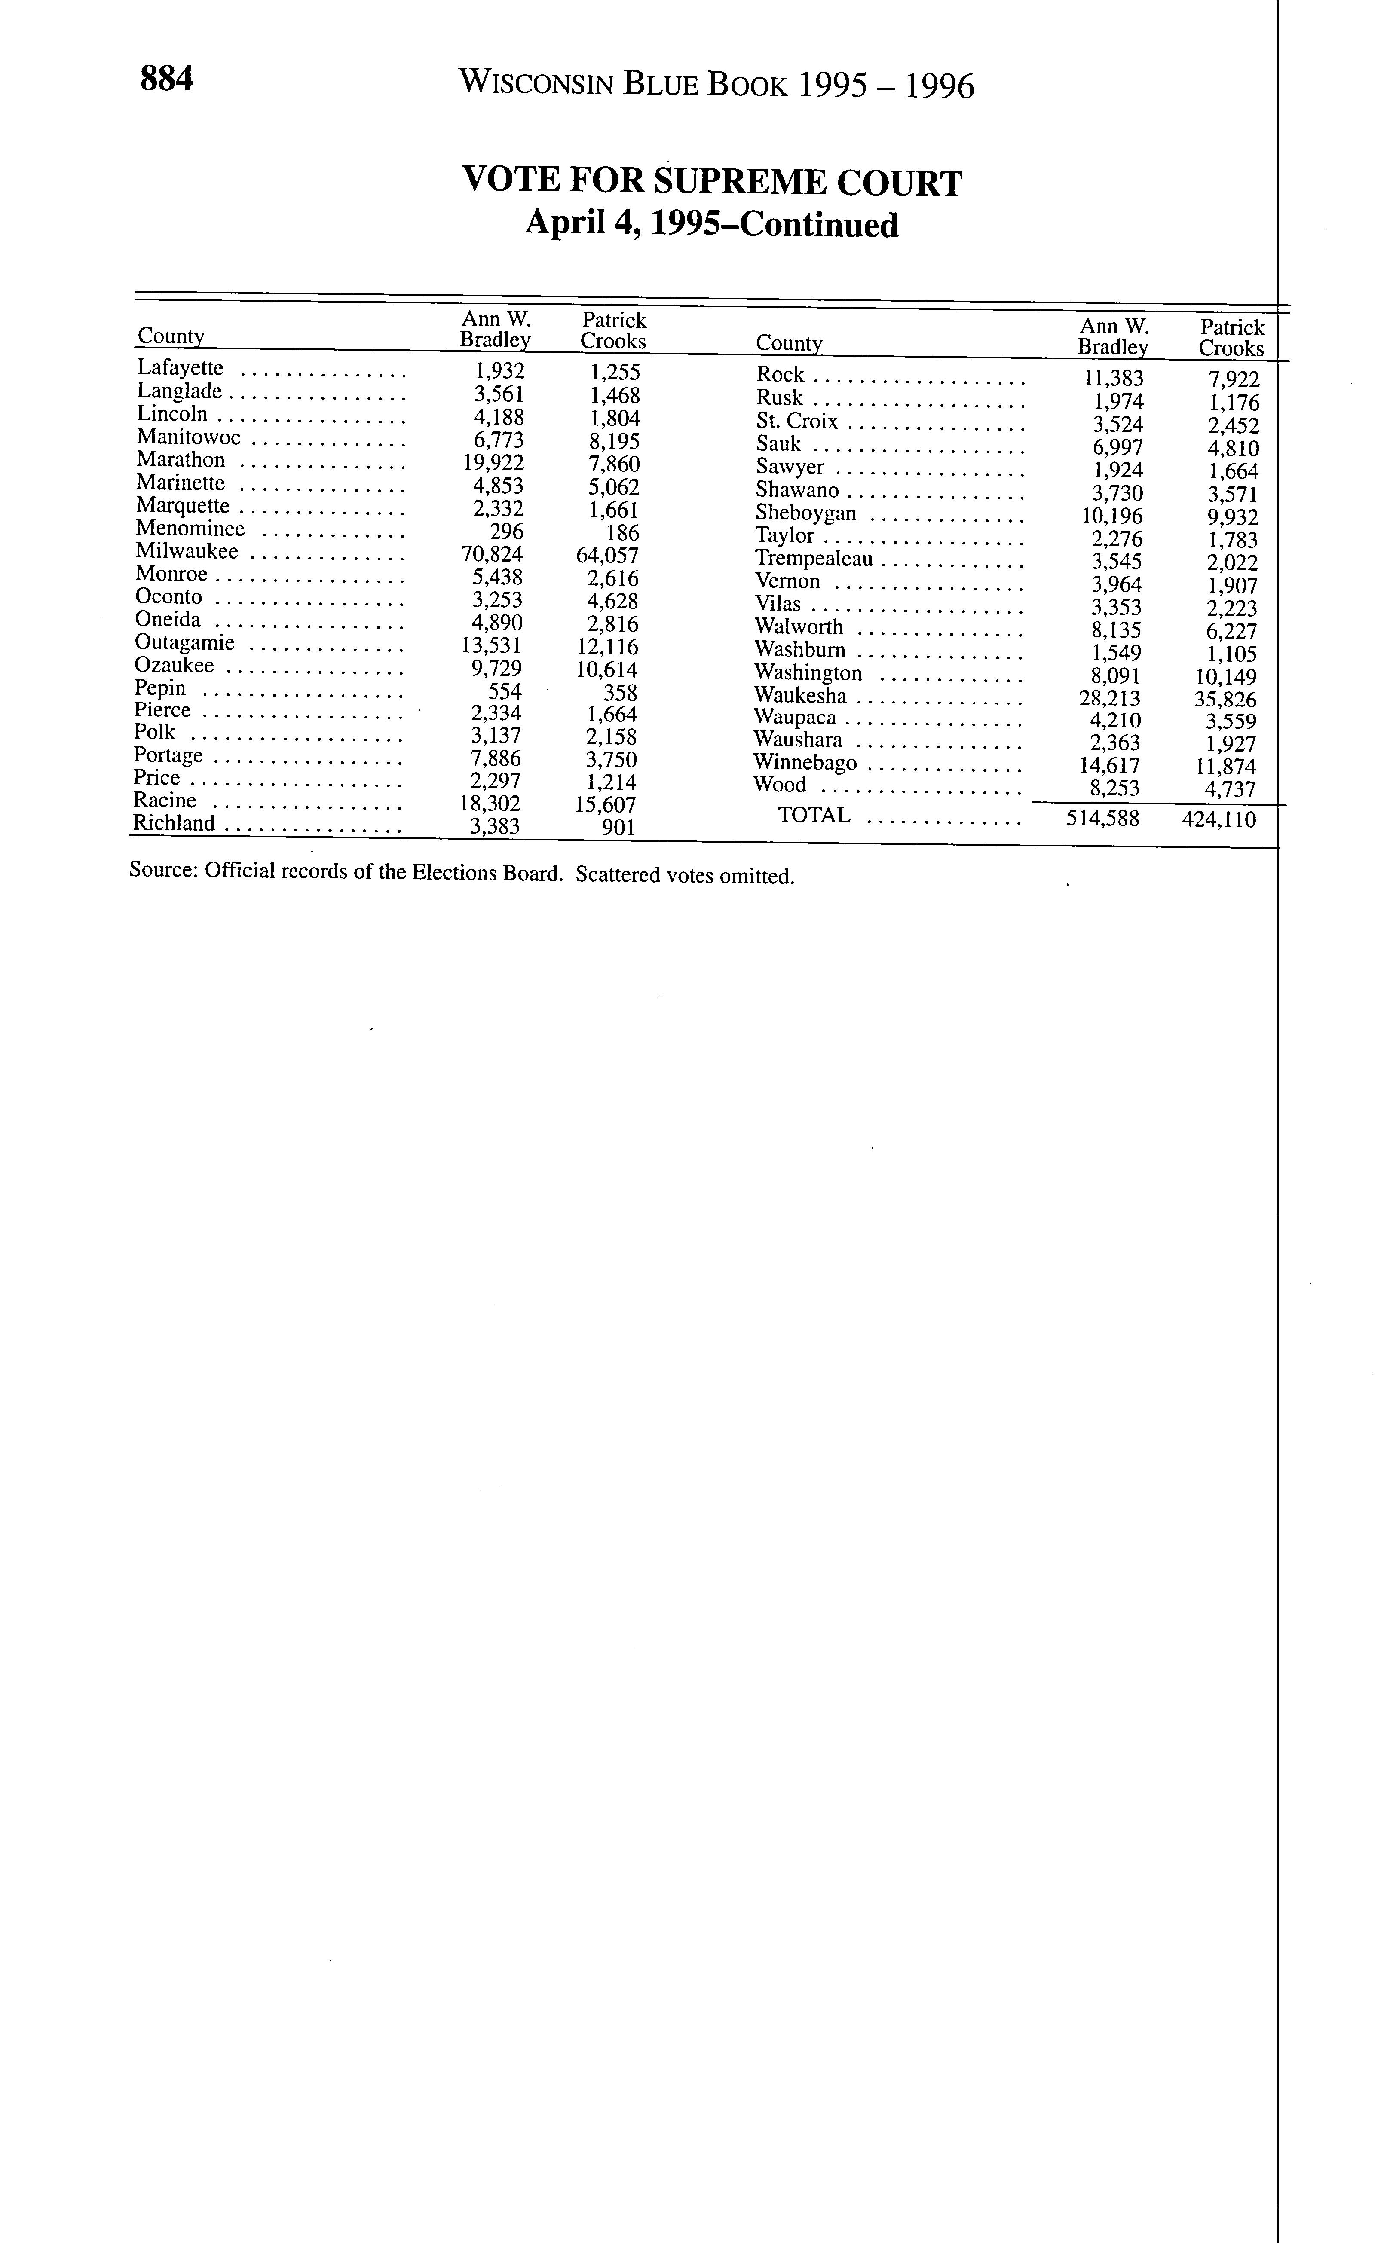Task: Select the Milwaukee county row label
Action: point(187,552)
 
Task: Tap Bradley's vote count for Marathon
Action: point(493,463)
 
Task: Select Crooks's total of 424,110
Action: point(1219,819)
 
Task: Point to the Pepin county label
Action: point(160,689)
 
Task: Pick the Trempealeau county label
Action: point(814,559)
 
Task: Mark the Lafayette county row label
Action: point(180,368)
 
